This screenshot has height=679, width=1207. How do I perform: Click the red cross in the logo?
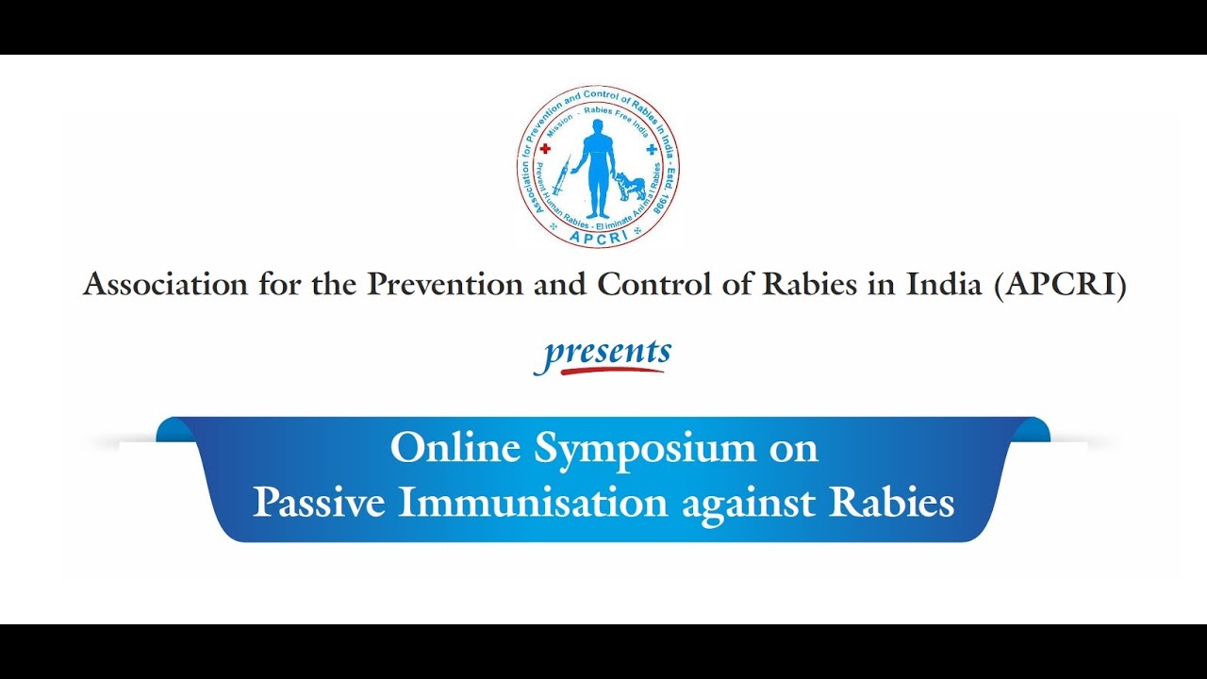click(544, 149)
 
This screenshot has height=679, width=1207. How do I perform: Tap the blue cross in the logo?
click(651, 149)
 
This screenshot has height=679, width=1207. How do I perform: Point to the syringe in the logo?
click(562, 175)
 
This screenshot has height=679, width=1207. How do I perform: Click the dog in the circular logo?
click(630, 185)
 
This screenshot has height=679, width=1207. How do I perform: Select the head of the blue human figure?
click(598, 126)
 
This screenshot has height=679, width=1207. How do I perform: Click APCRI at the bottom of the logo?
click(598, 238)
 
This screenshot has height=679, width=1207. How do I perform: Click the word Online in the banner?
click(456, 449)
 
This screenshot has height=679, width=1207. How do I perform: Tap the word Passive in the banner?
click(319, 503)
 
